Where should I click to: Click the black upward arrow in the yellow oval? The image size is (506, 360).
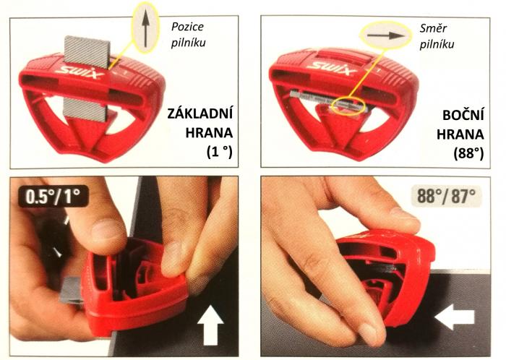tap(145, 27)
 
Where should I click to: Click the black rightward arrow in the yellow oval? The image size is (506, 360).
tap(385, 35)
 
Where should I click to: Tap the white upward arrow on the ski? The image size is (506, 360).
tap(210, 325)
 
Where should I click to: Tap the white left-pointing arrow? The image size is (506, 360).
tap(455, 317)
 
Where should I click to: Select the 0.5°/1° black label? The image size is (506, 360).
tap(53, 196)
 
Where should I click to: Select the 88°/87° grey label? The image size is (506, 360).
tap(446, 196)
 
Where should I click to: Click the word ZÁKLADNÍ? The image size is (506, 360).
tap(200, 114)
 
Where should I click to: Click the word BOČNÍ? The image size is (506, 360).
tap(463, 115)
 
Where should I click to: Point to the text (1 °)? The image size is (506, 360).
tap(220, 152)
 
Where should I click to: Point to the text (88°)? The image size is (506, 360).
tap(468, 153)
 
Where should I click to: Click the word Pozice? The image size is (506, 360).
tap(187, 27)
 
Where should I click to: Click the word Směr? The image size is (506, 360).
tap(433, 28)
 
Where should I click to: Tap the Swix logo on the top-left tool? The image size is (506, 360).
tap(80, 73)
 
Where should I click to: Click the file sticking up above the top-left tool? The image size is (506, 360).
tap(87, 51)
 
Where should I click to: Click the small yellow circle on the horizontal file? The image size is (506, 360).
tap(348, 106)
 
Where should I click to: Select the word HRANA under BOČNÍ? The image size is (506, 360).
tap(460, 134)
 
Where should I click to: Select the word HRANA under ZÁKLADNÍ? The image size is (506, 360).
tap(209, 132)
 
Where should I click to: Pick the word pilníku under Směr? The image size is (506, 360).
tap(437, 45)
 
